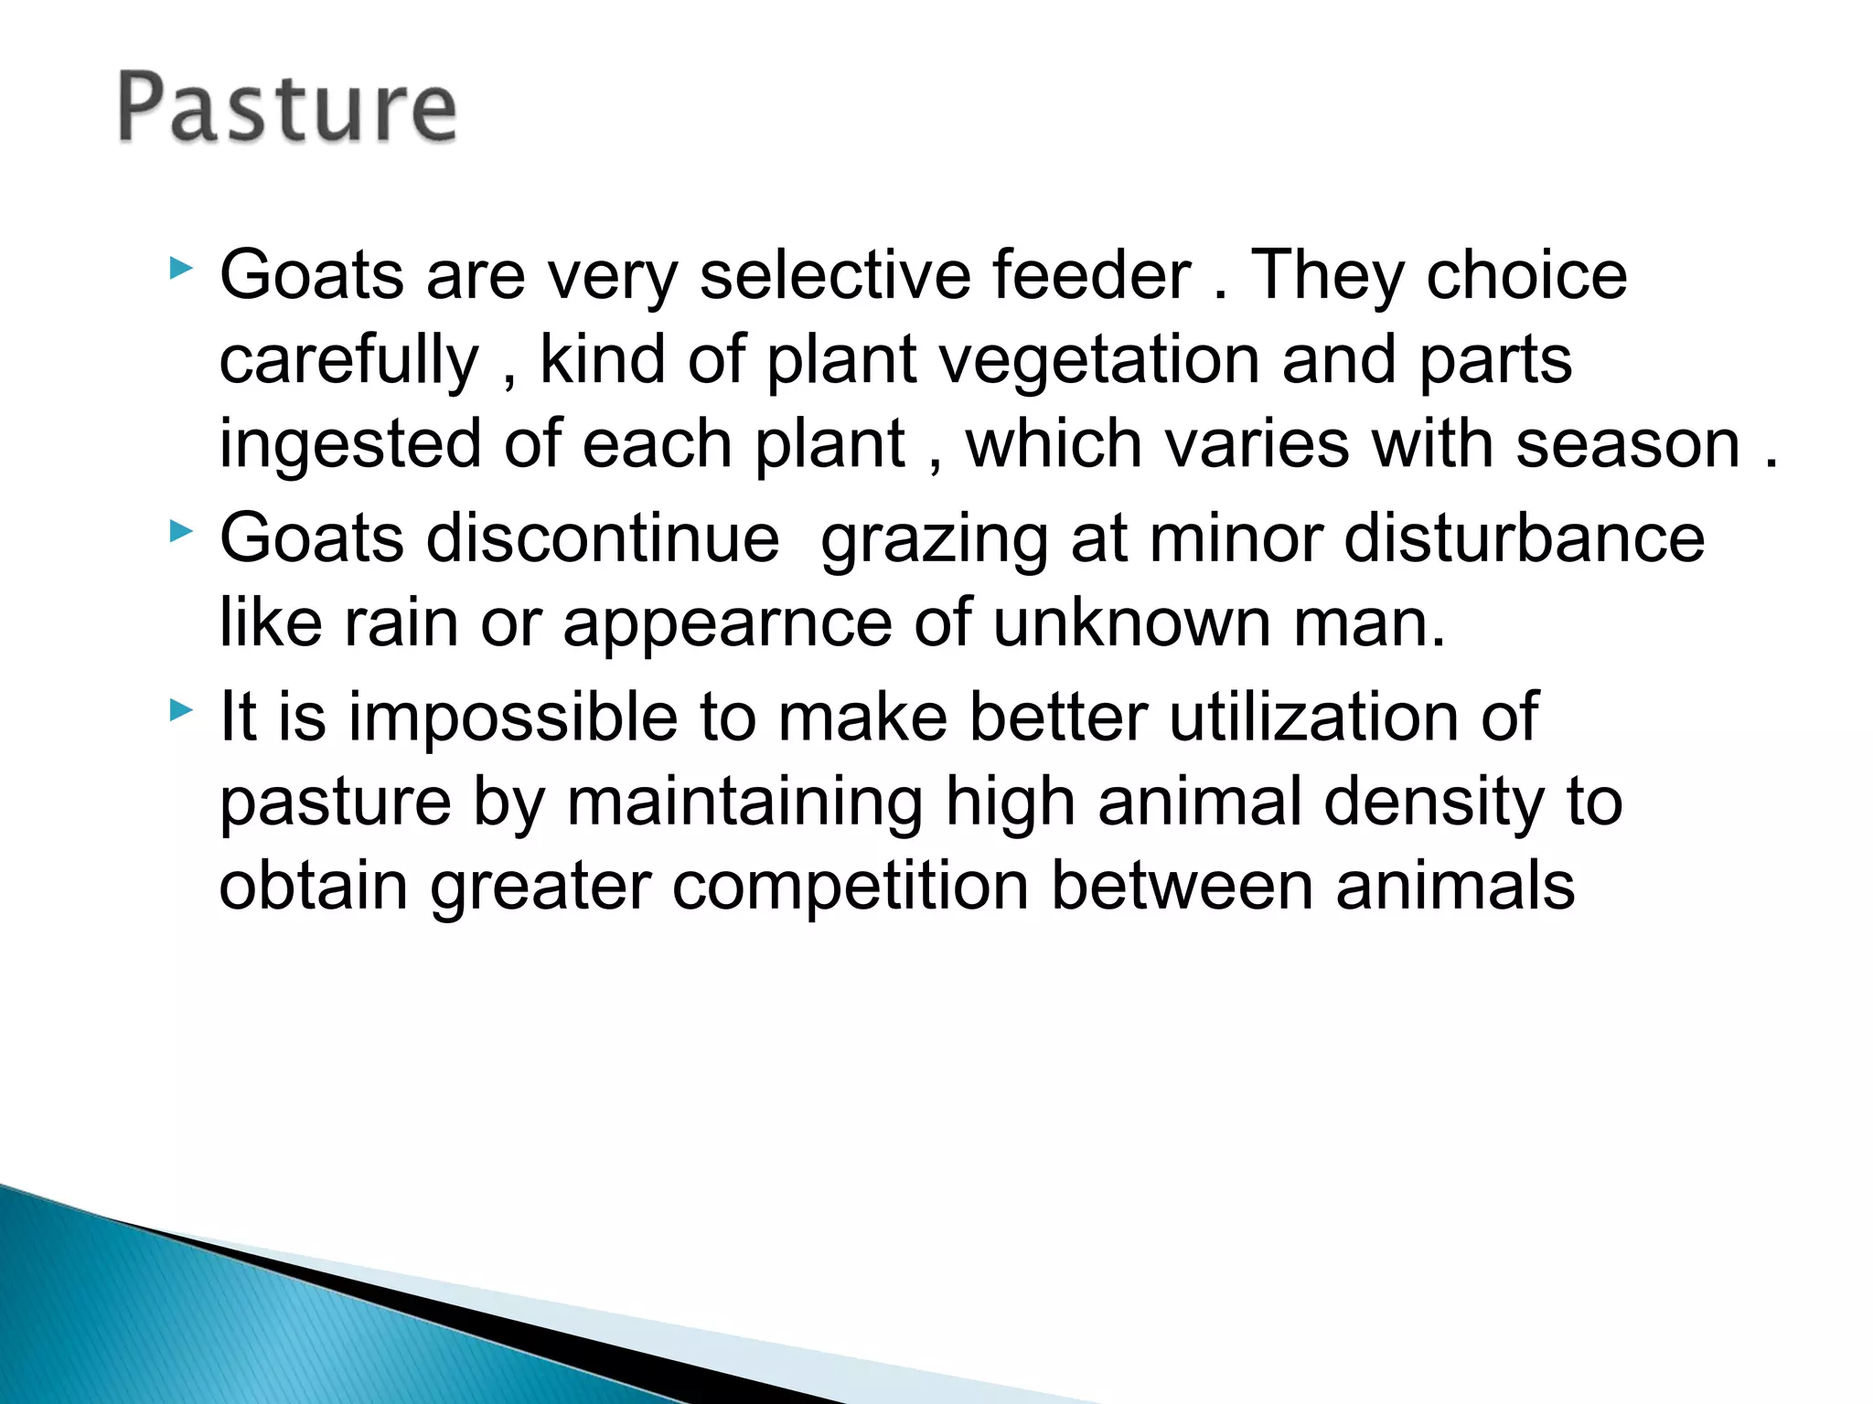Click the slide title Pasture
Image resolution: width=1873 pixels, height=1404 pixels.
tap(286, 109)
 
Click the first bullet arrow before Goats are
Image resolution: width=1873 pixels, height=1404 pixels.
tap(181, 269)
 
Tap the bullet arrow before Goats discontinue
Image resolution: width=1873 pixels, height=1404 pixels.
tap(181, 531)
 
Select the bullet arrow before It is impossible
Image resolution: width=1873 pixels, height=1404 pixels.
tap(181, 709)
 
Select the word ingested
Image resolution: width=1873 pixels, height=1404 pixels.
tap(350, 445)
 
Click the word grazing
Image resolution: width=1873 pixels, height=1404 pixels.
tap(934, 539)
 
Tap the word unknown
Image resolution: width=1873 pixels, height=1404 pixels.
tap(1131, 623)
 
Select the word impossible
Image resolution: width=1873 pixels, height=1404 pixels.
tap(512, 718)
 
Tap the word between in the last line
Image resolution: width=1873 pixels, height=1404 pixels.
tap(1182, 886)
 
